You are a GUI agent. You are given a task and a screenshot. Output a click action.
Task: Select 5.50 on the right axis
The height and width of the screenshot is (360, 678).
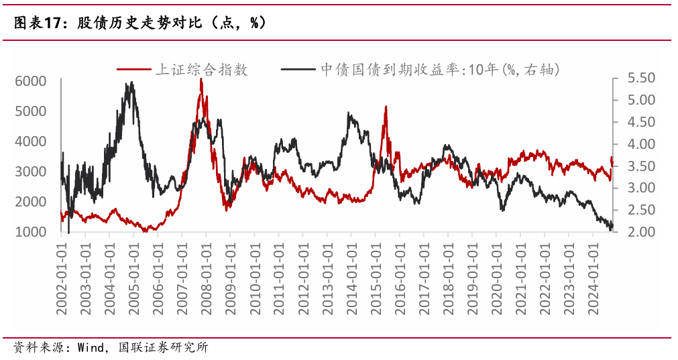click(x=641, y=78)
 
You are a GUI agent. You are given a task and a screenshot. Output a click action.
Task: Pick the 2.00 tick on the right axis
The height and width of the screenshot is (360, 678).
click(x=641, y=232)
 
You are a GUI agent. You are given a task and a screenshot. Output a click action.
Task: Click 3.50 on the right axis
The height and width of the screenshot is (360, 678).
click(x=641, y=166)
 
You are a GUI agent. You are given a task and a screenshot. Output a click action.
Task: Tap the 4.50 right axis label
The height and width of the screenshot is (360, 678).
click(x=641, y=122)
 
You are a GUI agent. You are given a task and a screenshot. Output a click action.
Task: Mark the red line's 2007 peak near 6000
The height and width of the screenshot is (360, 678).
click(x=201, y=79)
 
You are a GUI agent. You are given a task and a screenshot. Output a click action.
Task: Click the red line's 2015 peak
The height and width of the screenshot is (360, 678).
click(x=386, y=107)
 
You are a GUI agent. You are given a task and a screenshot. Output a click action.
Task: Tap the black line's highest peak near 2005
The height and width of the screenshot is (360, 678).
click(x=131, y=82)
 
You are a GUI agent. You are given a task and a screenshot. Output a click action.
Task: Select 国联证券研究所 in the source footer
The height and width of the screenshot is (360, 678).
click(x=164, y=347)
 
